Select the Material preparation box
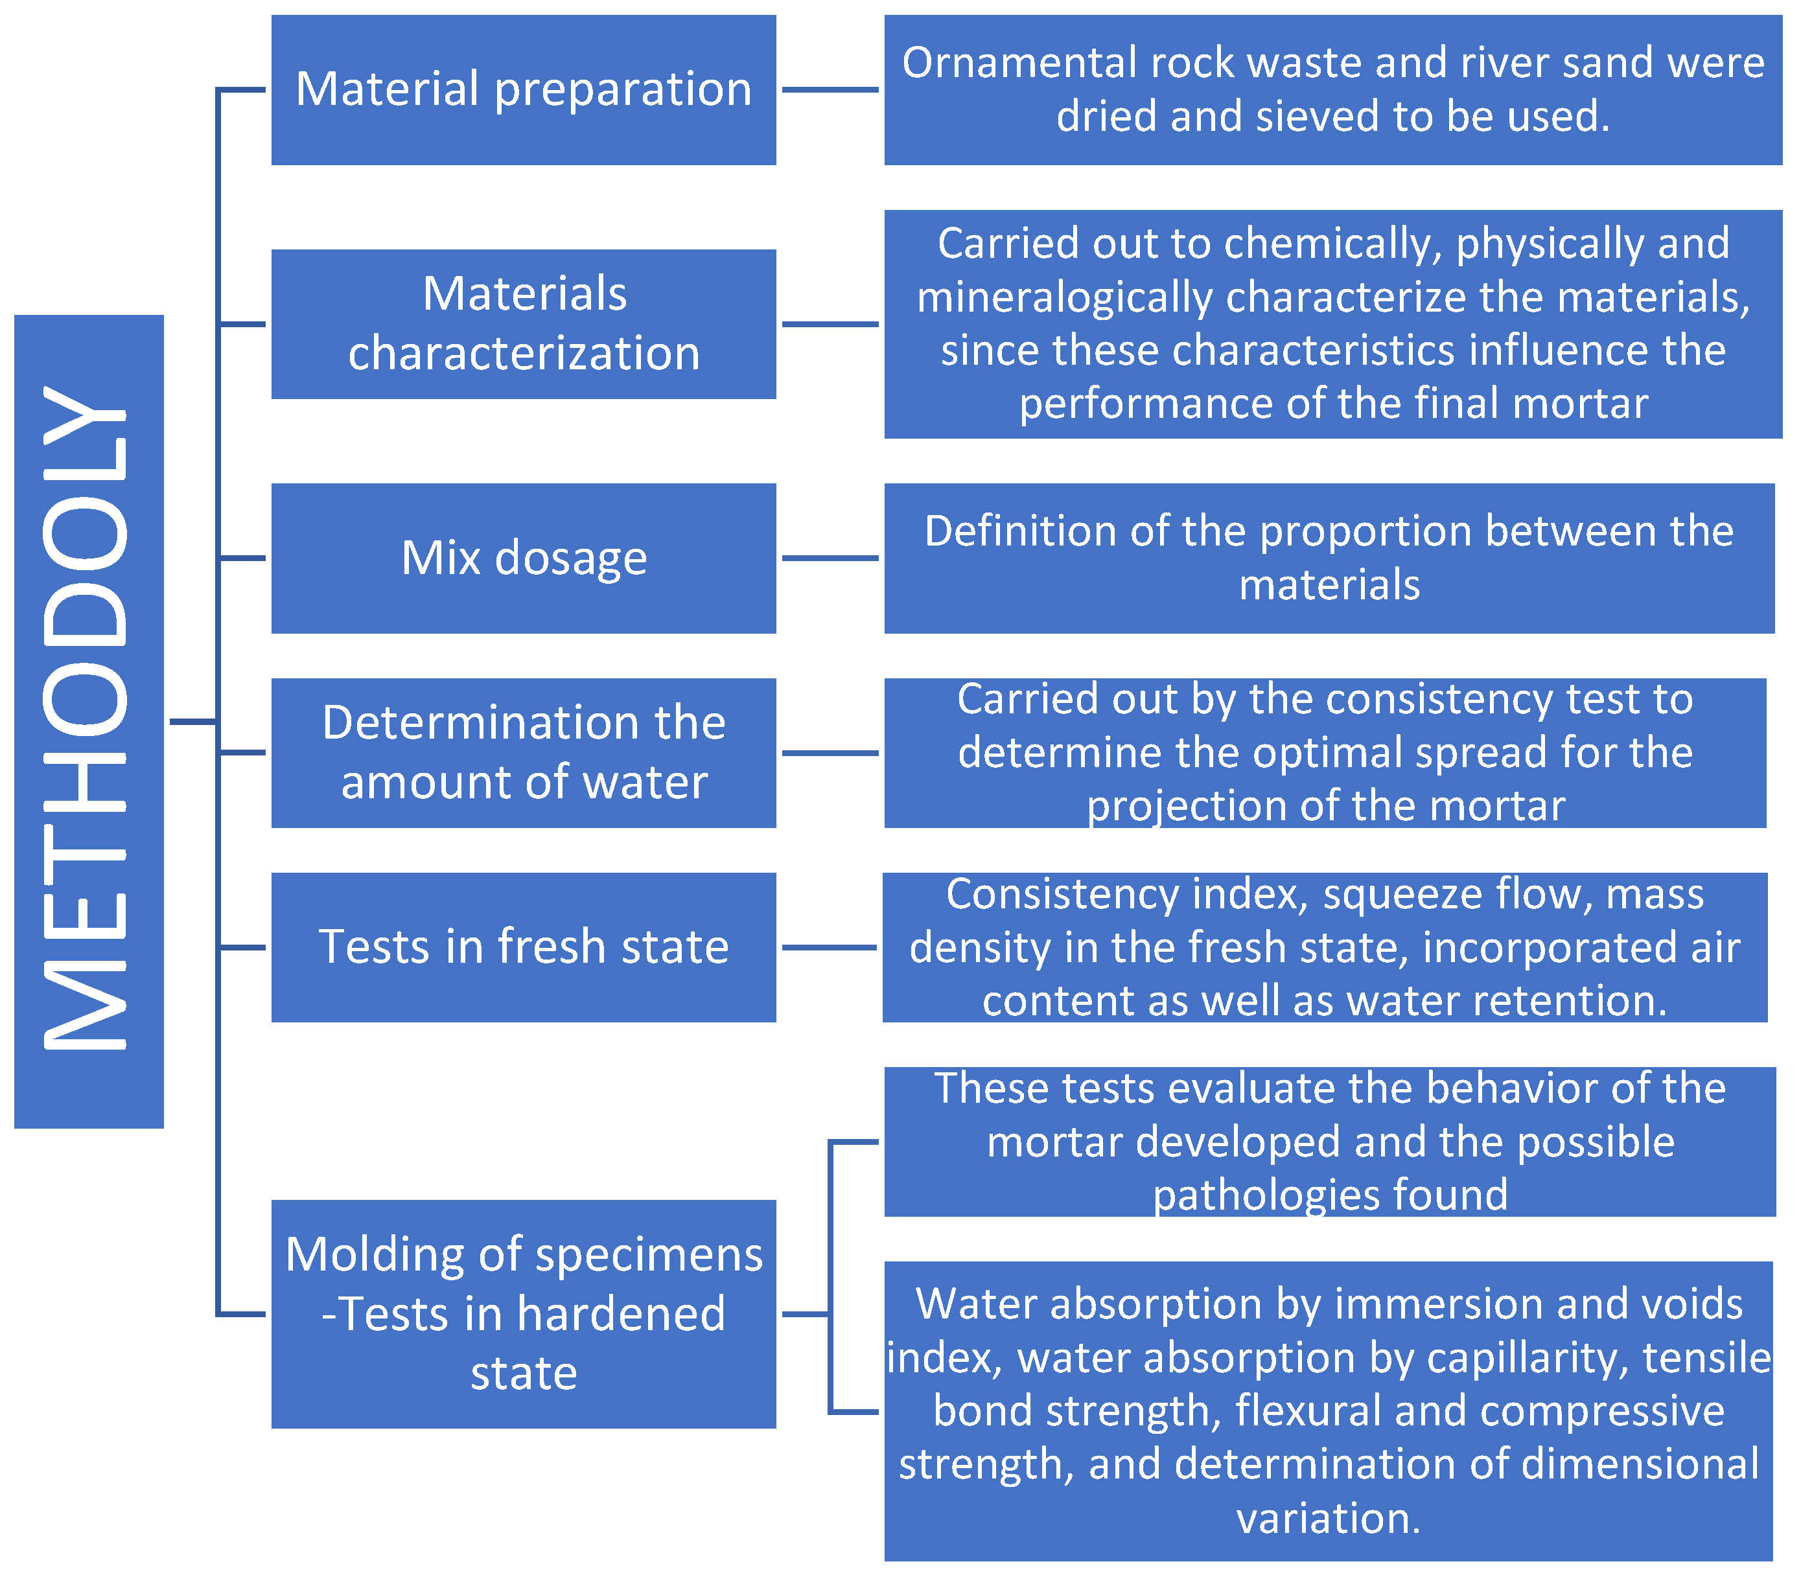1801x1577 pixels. [x=523, y=90]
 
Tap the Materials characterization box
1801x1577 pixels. [x=523, y=324]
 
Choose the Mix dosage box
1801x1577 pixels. [x=523, y=558]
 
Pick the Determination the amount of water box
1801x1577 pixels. [x=523, y=752]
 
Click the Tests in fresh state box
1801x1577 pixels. [x=523, y=947]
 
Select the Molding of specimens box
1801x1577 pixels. [x=523, y=1313]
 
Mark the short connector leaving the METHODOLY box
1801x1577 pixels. [x=192, y=722]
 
